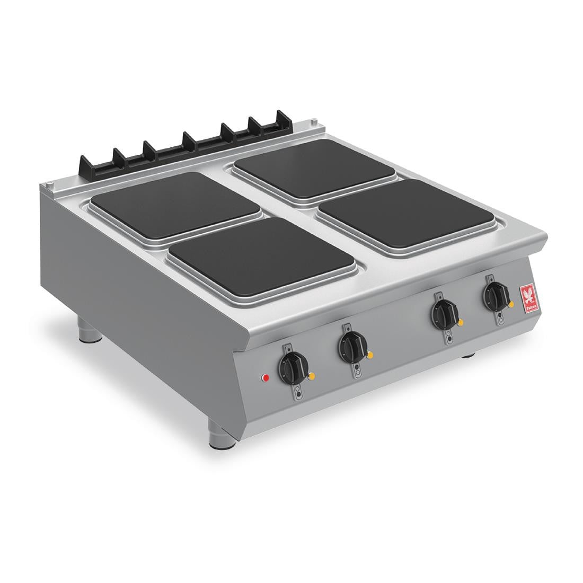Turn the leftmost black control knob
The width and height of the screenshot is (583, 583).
291,366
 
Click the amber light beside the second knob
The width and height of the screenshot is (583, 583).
370,355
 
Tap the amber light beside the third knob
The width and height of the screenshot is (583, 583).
460,321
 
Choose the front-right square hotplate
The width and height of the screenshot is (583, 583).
408,214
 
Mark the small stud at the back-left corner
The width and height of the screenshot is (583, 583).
49,184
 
